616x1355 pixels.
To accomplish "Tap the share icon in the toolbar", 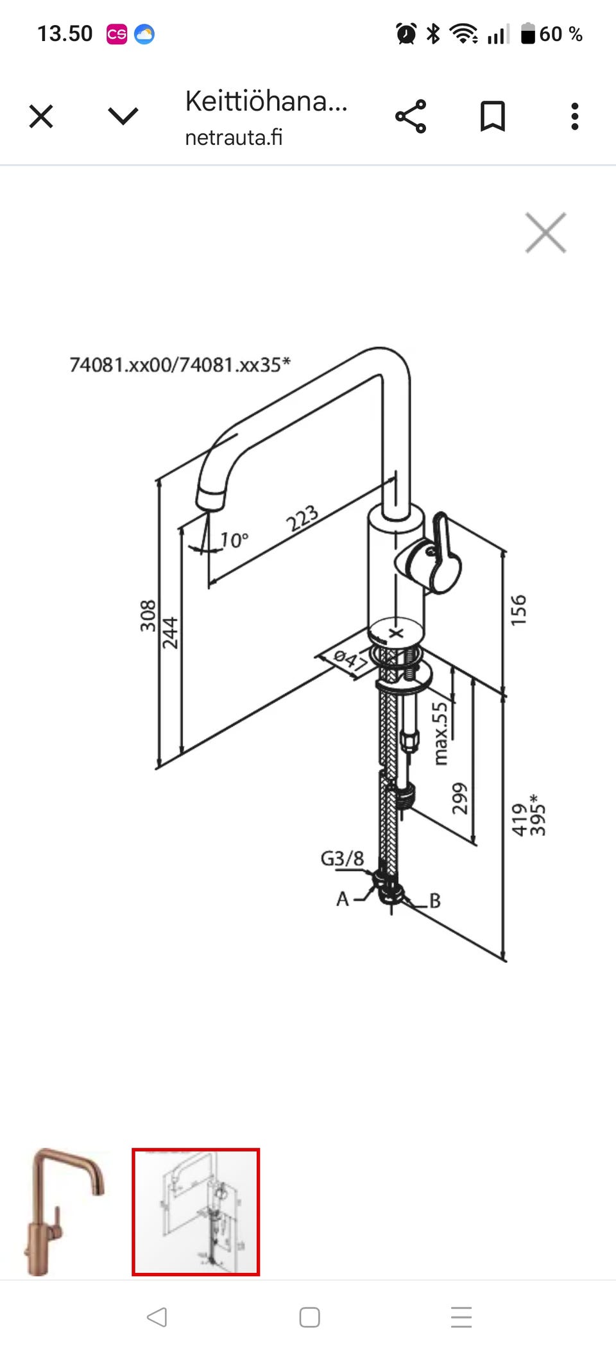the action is [x=411, y=116].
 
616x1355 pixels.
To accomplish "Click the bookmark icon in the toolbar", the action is [x=493, y=116].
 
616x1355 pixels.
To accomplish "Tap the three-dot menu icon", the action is [x=575, y=116].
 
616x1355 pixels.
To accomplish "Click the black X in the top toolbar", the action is [x=41, y=117].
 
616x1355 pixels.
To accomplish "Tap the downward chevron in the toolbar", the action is [x=123, y=117].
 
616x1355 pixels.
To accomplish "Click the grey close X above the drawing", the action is [x=545, y=232].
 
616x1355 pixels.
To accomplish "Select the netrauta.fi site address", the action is [x=234, y=137].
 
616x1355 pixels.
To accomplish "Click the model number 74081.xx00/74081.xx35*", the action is [x=180, y=364].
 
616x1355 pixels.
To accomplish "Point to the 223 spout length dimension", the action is [x=302, y=518].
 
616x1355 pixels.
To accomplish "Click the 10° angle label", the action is [x=234, y=540].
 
